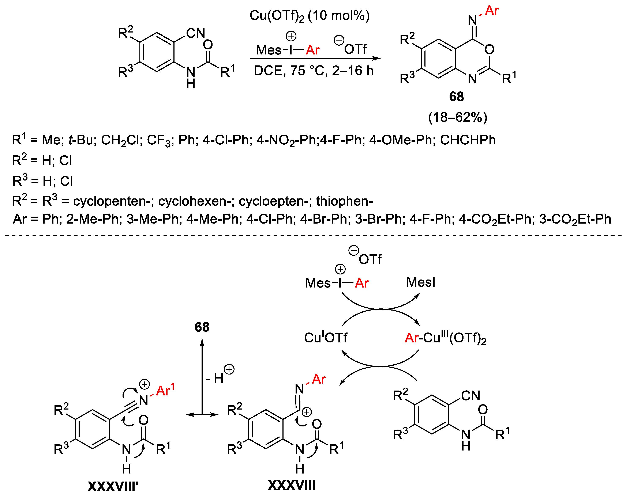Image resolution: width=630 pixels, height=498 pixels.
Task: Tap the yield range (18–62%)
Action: point(457,117)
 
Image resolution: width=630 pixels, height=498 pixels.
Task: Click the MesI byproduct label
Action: point(420,282)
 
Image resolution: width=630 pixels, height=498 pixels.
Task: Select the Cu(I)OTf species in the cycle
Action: point(325,338)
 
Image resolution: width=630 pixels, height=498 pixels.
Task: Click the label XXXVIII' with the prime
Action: point(113,486)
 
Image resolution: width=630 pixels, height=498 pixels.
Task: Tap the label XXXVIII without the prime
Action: point(292,485)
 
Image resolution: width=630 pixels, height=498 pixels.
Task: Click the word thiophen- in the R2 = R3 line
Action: point(344,201)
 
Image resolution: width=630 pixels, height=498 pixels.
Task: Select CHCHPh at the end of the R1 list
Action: point(468,140)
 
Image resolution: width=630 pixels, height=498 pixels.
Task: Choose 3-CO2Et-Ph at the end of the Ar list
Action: point(575,219)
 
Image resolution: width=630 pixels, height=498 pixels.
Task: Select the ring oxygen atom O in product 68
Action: point(489,50)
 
